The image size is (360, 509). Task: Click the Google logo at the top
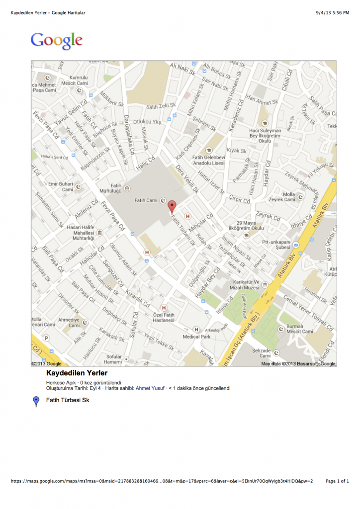56,41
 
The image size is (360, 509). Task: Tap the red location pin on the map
172,206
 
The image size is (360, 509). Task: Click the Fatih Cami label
146,200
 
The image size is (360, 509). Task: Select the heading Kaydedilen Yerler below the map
77,373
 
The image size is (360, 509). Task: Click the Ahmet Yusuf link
150,388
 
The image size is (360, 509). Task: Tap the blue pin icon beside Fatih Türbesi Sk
36,402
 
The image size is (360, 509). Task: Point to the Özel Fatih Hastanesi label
164,318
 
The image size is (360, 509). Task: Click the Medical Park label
198,337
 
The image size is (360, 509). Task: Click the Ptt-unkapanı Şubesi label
276,245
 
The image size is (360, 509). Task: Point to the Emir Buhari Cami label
60,186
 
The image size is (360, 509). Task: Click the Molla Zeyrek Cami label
282,197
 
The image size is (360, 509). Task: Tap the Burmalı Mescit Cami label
299,329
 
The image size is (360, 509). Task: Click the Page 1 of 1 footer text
337,481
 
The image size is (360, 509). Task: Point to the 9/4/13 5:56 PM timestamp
332,13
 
